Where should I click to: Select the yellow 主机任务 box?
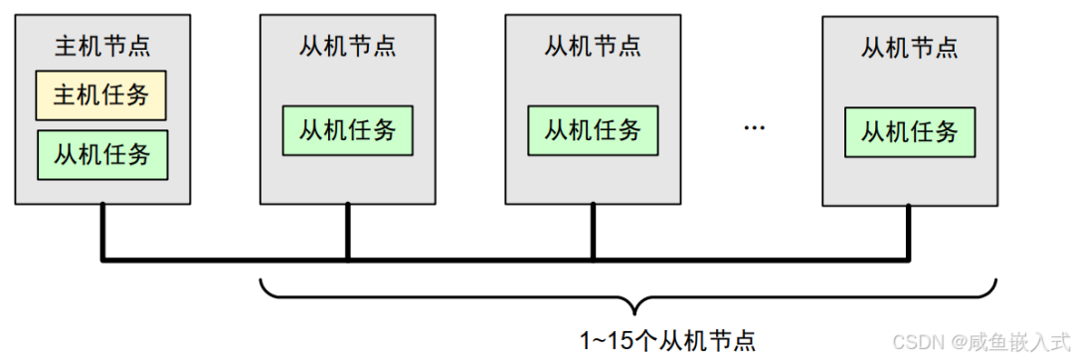(101, 95)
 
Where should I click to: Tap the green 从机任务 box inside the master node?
(101, 154)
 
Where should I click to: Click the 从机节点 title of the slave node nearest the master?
(348, 46)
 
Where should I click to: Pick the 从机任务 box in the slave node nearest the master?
(348, 129)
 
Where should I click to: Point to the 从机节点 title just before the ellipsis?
(593, 46)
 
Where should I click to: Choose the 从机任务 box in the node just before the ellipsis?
(593, 129)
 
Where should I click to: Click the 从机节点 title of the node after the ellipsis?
(909, 46)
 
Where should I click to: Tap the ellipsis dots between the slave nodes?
(753, 127)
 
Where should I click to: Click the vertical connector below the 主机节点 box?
(101, 231)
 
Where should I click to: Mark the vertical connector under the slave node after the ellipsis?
(909, 231)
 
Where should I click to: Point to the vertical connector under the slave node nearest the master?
(348, 231)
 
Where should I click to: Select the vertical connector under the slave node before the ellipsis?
(593, 231)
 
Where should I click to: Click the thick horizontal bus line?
(477, 260)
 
